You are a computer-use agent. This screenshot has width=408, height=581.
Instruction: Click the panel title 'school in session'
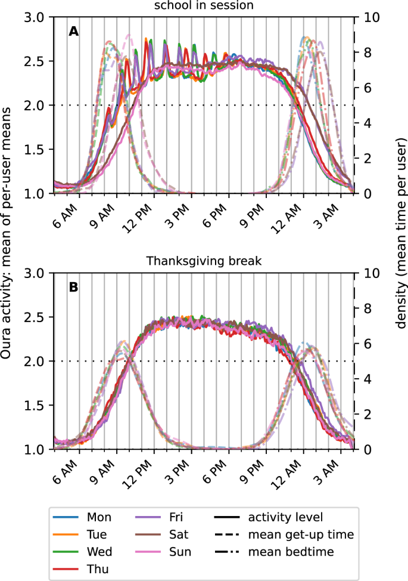click(x=203, y=5)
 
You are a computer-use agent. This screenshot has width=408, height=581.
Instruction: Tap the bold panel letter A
click(x=73, y=32)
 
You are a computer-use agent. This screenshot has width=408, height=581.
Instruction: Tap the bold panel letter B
click(x=73, y=288)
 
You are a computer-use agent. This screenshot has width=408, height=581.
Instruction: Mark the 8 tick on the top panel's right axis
click(x=365, y=52)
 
